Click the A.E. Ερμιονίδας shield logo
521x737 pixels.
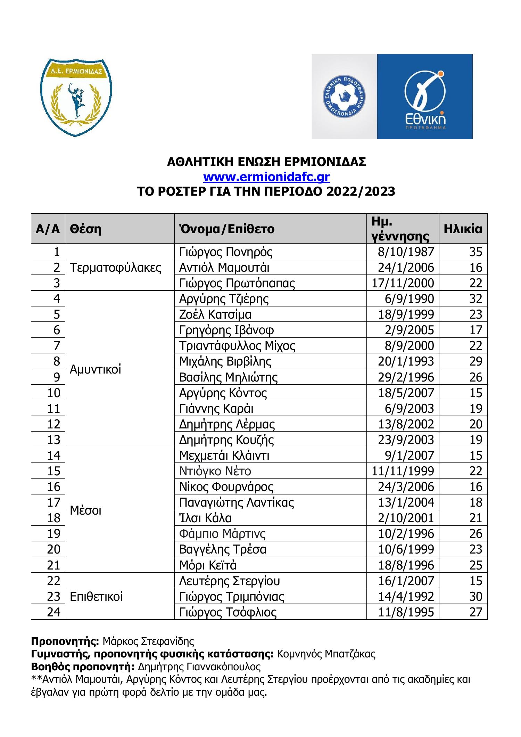tap(76, 97)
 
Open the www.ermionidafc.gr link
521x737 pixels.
tap(266, 177)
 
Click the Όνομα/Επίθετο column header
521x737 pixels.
tap(227, 229)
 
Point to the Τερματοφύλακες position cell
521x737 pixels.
tap(116, 267)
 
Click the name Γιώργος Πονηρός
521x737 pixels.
tap(226, 252)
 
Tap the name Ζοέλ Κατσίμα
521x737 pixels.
tap(215, 314)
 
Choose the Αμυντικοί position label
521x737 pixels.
tap(96, 369)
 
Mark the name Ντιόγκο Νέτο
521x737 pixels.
tap(215, 471)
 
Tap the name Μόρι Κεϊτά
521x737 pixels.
tap(208, 565)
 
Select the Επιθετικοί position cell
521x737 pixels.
tap(97, 597)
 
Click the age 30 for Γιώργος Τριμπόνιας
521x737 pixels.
tap(475, 597)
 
